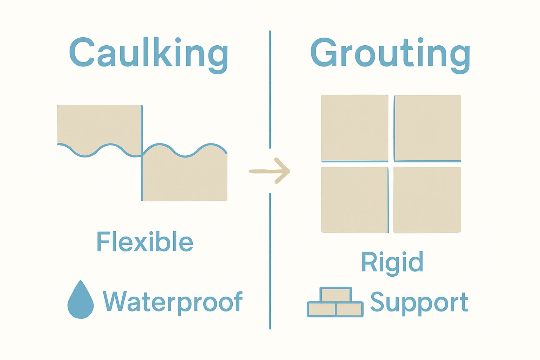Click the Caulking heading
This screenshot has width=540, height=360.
coord(148,53)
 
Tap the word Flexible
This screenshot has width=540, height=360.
coord(144,242)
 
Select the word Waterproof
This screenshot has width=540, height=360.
coord(172,302)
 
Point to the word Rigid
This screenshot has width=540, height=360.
coord(392,262)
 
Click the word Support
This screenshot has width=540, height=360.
coord(419,302)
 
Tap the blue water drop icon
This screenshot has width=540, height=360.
coord(81,302)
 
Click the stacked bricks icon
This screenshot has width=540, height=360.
coord(335,303)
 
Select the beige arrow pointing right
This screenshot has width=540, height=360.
coord(270,171)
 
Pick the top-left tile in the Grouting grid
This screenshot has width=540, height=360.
coord(354,128)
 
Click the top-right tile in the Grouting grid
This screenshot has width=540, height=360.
coord(427,128)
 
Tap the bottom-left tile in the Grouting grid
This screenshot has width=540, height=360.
coord(354,200)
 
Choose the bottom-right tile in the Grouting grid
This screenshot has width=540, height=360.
coord(427,200)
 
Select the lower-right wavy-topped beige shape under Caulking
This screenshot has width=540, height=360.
coord(185,178)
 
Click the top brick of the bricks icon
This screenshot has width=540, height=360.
coord(336,295)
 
